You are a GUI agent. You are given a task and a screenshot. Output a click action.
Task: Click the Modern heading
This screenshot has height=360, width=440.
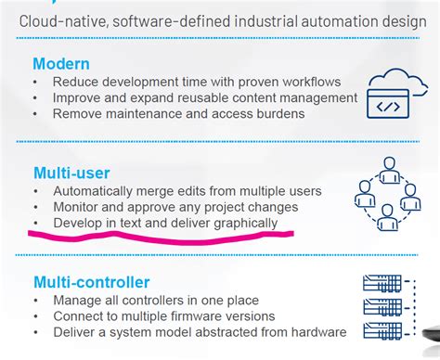click(61, 64)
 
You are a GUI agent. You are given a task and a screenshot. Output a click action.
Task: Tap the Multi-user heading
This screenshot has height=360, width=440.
click(71, 173)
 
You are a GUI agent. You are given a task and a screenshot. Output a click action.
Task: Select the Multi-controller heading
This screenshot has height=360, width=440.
click(92, 282)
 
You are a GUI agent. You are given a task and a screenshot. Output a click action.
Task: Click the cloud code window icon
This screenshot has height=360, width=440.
click(397, 94)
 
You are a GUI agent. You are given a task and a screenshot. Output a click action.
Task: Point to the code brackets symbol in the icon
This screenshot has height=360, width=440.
click(388, 107)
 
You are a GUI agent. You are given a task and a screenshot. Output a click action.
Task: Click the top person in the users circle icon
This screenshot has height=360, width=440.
click(389, 170)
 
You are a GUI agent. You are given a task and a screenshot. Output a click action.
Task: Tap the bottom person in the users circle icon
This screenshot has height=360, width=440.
click(387, 217)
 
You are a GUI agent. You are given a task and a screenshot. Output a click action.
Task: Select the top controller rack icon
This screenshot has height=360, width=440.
click(382, 283)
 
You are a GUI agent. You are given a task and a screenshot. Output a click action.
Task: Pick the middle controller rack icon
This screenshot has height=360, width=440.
click(382, 307)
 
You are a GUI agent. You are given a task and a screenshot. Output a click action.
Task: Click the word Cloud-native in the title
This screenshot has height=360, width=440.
click(64, 21)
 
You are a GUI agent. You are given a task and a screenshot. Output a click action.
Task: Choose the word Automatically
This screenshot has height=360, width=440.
click(93, 191)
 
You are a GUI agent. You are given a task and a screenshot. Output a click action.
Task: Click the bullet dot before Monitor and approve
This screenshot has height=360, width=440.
click(36, 207)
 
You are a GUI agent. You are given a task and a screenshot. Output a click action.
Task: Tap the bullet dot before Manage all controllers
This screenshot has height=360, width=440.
click(36, 301)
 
